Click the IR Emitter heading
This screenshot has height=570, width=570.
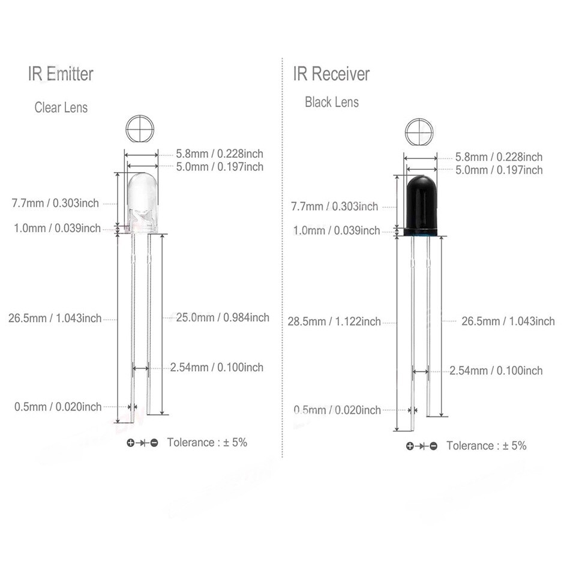[61, 74]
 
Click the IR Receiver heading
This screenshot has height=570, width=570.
[332, 74]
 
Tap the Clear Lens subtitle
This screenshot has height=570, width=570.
[61, 107]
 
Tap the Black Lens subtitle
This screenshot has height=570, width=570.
[332, 102]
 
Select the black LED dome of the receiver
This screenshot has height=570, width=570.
[420, 203]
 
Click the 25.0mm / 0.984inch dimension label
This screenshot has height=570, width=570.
[223, 317]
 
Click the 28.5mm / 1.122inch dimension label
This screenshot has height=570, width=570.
[334, 322]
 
